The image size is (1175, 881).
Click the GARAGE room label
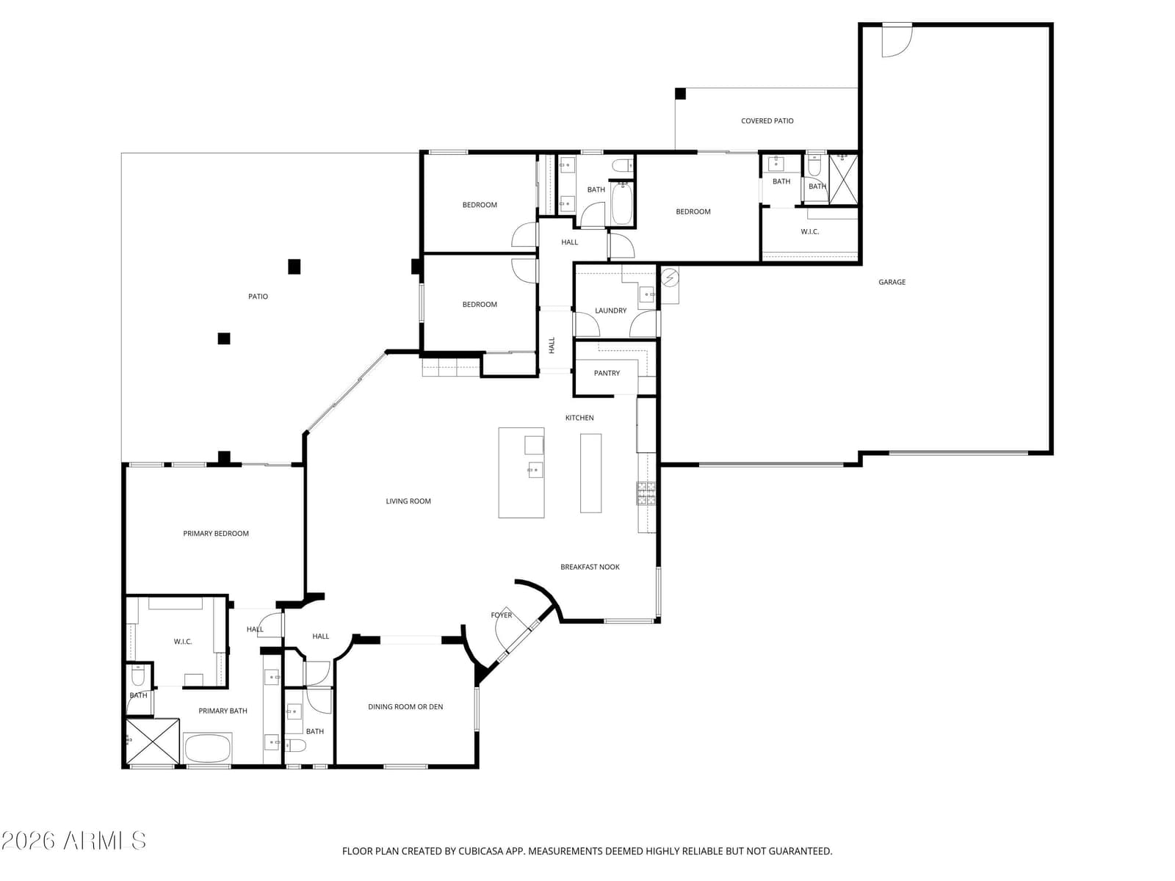point(892,282)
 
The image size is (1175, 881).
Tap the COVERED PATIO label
point(767,121)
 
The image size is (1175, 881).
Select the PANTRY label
point(607,373)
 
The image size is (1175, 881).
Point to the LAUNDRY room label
point(610,311)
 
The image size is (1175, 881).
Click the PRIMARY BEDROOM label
point(216,533)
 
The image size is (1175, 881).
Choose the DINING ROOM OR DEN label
point(405,706)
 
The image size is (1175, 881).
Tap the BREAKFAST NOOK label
point(590,567)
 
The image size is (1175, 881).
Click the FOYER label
point(501,615)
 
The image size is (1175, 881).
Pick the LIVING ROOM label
point(408,501)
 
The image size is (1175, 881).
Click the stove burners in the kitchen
point(645,493)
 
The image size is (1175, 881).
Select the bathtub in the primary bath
point(207,748)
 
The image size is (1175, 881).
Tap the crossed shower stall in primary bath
point(152,742)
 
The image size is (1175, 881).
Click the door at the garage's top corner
point(897,40)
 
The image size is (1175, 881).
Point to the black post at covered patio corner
point(680,94)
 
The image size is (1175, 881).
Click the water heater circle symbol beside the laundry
point(670,277)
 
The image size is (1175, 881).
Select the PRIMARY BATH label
point(223,711)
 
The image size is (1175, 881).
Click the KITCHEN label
point(579,418)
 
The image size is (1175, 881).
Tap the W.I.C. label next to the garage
point(809,231)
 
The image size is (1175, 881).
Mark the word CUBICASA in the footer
point(481,851)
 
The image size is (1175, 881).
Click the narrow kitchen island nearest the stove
point(590,473)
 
